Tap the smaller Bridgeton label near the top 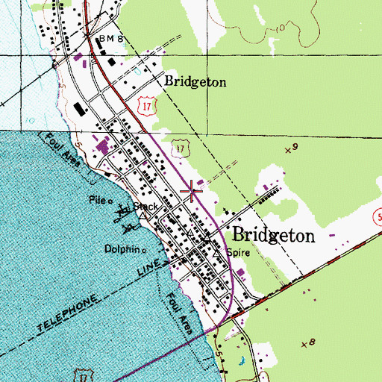[195, 82]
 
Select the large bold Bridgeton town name [274, 234]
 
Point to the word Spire [237, 253]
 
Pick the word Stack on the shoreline [147, 205]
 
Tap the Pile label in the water [98, 200]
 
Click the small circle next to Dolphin [144, 250]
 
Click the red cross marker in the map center [193, 192]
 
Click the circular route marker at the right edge [378, 216]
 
